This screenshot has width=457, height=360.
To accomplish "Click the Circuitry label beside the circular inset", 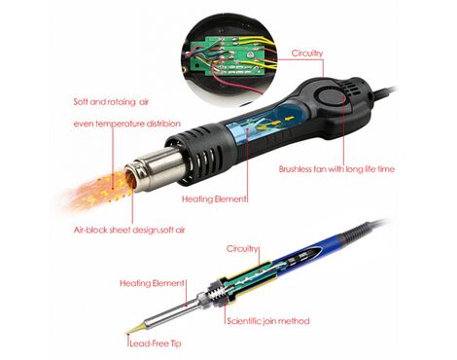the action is coord(307,54).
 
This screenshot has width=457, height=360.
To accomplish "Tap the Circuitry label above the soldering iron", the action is coord(242,249).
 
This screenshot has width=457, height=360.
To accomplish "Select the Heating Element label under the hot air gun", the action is coord(214,198).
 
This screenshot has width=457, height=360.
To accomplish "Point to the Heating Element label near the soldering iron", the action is coord(152,283).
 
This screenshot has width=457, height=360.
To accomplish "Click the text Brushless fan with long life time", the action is coord(336,169).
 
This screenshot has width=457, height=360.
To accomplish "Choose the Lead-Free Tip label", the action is coord(156,343).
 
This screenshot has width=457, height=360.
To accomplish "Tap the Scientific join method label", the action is coord(268,321).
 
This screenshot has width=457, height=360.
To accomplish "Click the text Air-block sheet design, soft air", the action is coord(129,230).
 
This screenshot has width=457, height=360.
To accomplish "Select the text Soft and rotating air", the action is coord(111,102).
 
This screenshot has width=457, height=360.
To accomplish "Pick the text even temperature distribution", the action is coord(127,124).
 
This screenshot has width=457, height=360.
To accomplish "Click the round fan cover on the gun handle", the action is coord(331,98).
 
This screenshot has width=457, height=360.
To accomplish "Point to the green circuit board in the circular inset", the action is coord(227,55).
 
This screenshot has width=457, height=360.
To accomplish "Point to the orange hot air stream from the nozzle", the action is coord(97,192).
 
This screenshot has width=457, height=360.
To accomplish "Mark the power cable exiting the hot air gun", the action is coord(384,92).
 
